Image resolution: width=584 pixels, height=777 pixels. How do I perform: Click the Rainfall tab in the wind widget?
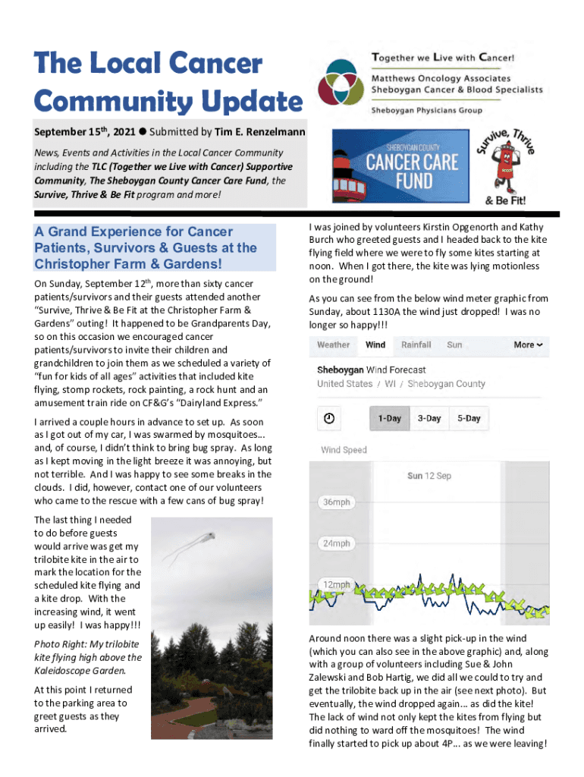(x=416, y=344)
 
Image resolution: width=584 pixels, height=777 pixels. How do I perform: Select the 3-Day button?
(x=429, y=418)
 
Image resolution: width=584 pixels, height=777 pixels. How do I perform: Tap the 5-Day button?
(x=468, y=418)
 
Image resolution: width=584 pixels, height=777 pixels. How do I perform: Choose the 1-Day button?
(x=390, y=418)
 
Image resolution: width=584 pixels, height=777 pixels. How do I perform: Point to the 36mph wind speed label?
(x=336, y=502)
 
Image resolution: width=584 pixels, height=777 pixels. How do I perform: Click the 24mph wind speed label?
(x=336, y=543)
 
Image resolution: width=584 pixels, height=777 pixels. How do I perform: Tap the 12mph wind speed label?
(x=336, y=585)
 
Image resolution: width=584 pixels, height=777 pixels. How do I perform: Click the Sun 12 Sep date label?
(x=429, y=476)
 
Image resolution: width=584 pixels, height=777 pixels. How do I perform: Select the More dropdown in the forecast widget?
(x=528, y=344)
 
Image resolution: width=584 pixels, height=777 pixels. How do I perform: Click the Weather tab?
(x=334, y=344)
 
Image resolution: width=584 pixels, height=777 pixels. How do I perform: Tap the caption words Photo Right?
(x=61, y=645)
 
